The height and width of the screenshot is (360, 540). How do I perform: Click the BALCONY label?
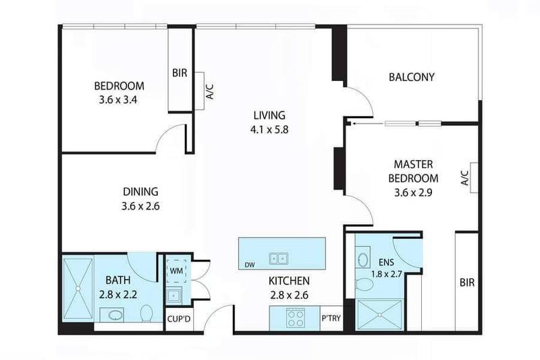[x=412, y=77]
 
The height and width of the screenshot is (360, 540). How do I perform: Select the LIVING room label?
[x=269, y=115]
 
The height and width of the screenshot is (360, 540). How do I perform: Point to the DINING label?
[x=140, y=191]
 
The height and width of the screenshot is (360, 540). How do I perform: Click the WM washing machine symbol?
[x=176, y=270]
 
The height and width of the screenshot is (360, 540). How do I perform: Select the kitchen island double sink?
[x=277, y=257]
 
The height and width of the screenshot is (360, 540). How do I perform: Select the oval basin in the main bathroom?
[x=112, y=314]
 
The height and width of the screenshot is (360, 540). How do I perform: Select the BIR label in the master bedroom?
[x=466, y=282]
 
